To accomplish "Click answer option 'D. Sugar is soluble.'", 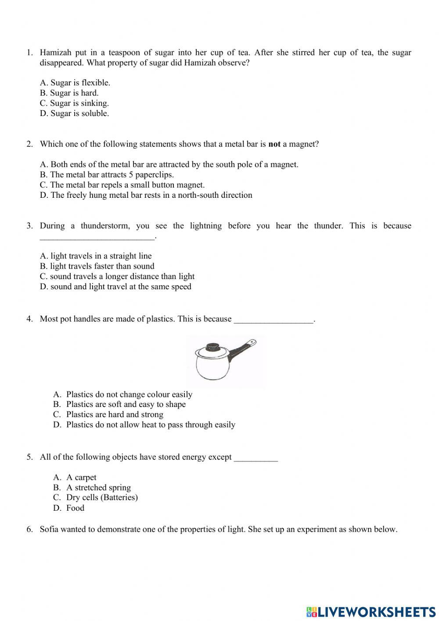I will pyautogui.click(x=74, y=113).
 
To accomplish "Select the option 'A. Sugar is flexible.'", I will pyautogui.click(x=75, y=83).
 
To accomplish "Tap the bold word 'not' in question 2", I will pyautogui.click(x=274, y=144).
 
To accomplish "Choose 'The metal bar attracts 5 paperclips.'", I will pyautogui.click(x=107, y=174).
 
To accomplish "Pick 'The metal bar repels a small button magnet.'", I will pyautogui.click(x=122, y=185).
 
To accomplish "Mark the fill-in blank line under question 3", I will pyautogui.click(x=97, y=238).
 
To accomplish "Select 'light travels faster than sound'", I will pyautogui.click(x=97, y=266).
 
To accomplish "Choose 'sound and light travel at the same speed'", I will pyautogui.click(x=115, y=287).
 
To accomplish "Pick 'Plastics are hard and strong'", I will pyautogui.click(x=115, y=414).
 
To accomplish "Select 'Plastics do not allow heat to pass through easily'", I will pyautogui.click(x=151, y=425).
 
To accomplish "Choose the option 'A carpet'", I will pyautogui.click(x=81, y=477).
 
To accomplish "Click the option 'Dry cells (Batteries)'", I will pyautogui.click(x=102, y=498).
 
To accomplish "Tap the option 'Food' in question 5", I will pyautogui.click(x=75, y=508).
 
